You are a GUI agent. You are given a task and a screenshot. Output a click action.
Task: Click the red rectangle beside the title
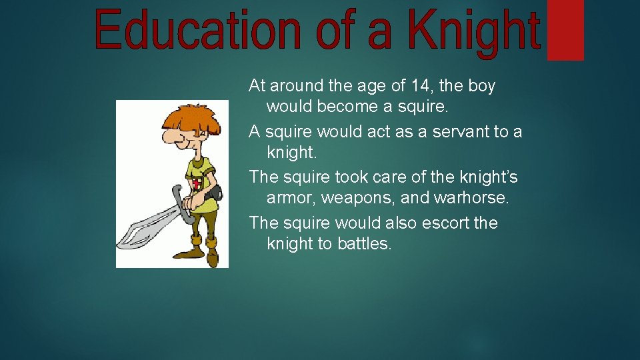(x=565, y=30)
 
